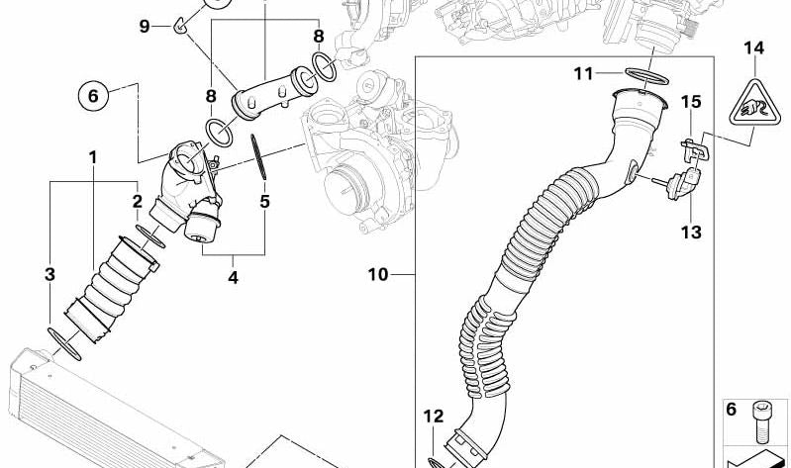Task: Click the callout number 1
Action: click(93, 158)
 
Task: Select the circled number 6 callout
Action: click(93, 95)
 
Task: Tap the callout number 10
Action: click(378, 275)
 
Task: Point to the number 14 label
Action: click(754, 48)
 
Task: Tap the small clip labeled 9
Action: click(180, 25)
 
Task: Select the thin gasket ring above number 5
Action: click(258, 156)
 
